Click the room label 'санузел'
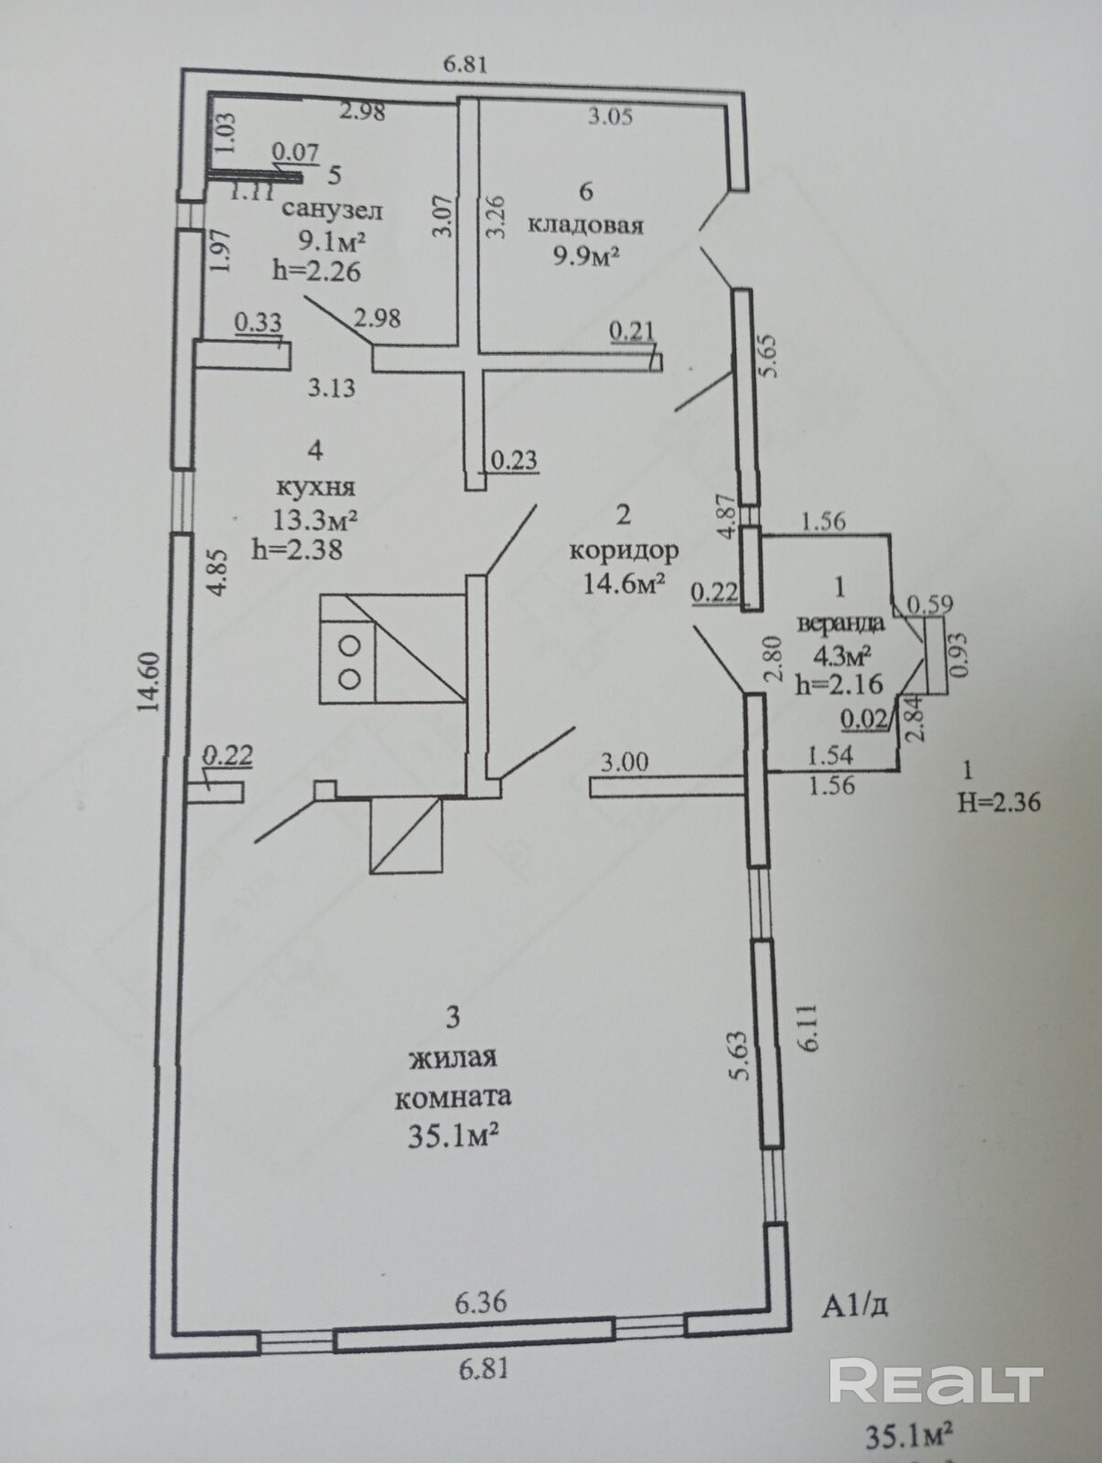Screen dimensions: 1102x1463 332,209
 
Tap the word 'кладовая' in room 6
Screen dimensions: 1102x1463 586,225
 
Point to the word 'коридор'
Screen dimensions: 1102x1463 624,550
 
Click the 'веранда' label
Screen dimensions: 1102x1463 841,625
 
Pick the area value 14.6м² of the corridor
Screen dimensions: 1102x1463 624,583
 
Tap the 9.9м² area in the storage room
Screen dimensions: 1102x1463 586,256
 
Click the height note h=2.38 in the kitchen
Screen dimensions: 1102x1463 297,550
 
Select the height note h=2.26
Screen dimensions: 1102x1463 316,271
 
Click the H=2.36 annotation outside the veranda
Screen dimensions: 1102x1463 999,802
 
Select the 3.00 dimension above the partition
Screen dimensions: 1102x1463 625,761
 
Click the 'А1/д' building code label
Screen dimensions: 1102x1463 854,1306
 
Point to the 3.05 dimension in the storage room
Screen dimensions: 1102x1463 610,117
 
